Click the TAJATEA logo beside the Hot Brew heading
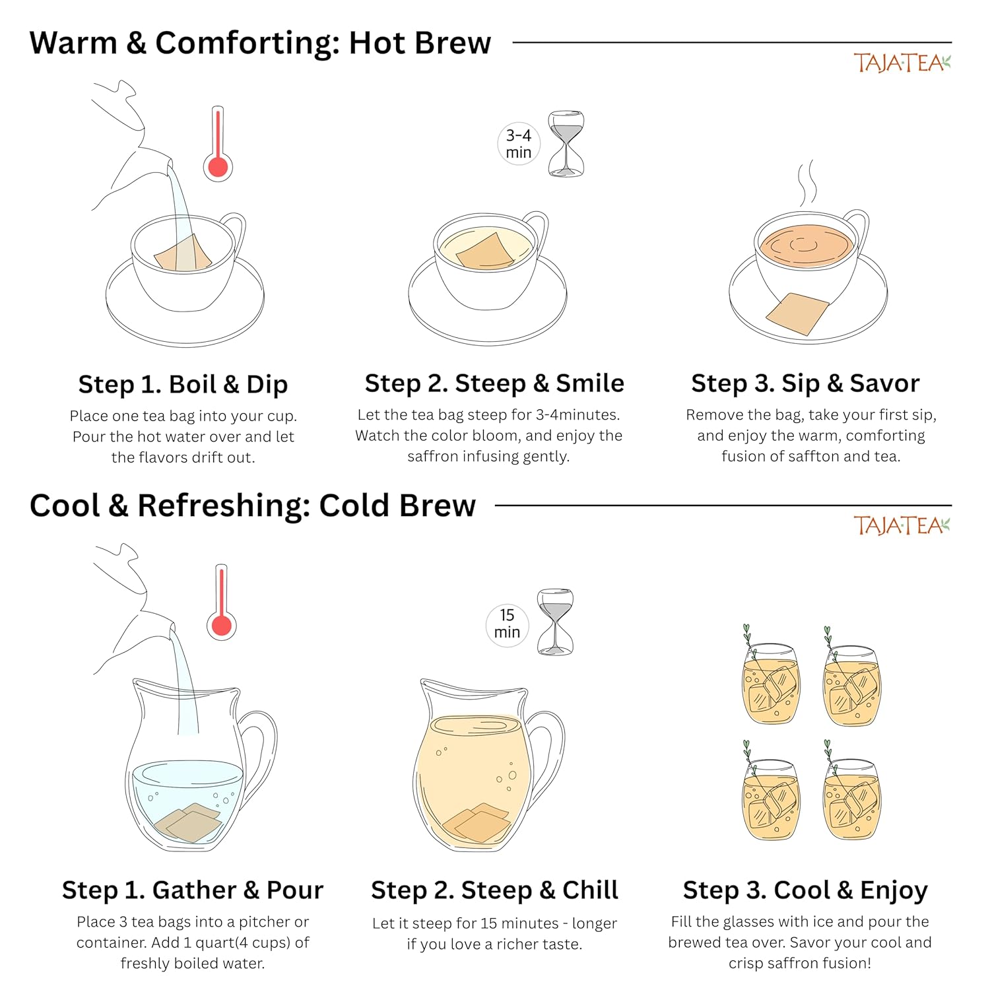coord(902,63)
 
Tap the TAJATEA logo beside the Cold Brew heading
coord(902,525)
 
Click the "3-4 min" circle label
coord(519,144)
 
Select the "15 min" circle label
coord(507,624)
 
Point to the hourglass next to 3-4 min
coord(566,144)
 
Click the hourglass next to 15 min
coord(556,622)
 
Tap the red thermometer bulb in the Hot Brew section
coord(218,166)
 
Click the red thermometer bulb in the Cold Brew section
coord(221,624)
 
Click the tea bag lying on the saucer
coord(797,313)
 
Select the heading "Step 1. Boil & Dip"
coord(183,384)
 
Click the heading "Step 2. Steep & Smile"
coord(494,383)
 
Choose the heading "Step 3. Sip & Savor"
coord(805,383)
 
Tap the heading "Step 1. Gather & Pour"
coord(193,890)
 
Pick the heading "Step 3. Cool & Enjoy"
coord(805,890)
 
